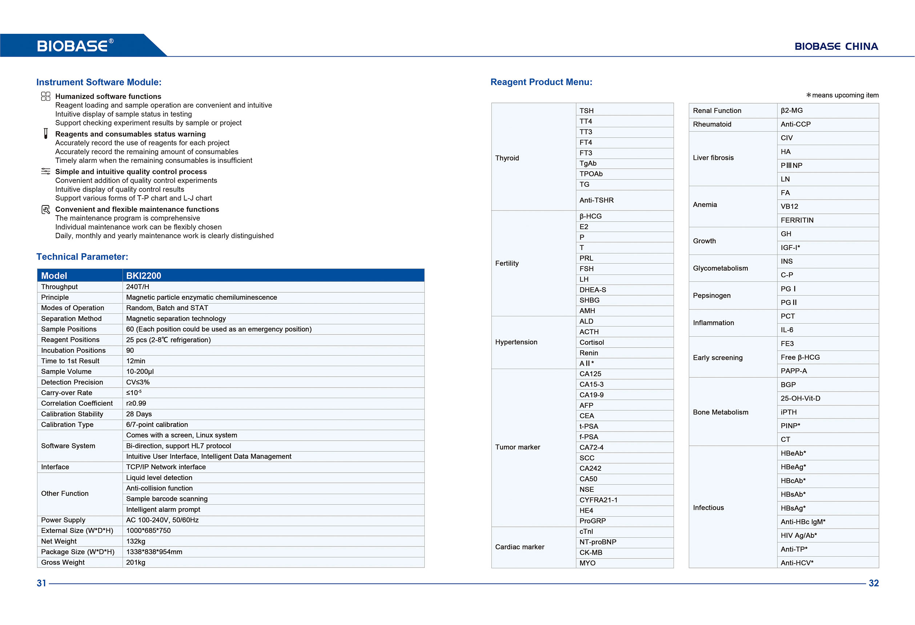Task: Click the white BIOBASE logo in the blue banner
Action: click(x=75, y=46)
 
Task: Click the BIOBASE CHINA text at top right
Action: click(x=836, y=47)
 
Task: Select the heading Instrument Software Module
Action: click(x=99, y=82)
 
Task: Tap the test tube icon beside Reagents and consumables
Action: click(x=46, y=133)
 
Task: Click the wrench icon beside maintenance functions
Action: click(x=46, y=209)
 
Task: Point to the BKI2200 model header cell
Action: click(x=143, y=276)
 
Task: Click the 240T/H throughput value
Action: click(x=137, y=287)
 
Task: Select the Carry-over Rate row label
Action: click(x=67, y=393)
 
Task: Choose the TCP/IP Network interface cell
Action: click(x=166, y=467)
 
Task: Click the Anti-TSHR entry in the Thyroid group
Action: click(x=596, y=200)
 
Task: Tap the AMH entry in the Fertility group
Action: click(x=587, y=311)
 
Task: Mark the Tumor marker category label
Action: click(x=517, y=447)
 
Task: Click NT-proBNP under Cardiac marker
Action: click(x=598, y=542)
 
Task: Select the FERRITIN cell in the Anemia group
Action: click(x=797, y=220)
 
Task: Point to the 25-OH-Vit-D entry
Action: click(x=800, y=398)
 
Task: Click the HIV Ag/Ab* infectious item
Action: click(x=798, y=535)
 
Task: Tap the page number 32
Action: click(x=873, y=583)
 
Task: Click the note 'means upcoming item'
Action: click(x=844, y=95)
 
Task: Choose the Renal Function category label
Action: click(x=717, y=111)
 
